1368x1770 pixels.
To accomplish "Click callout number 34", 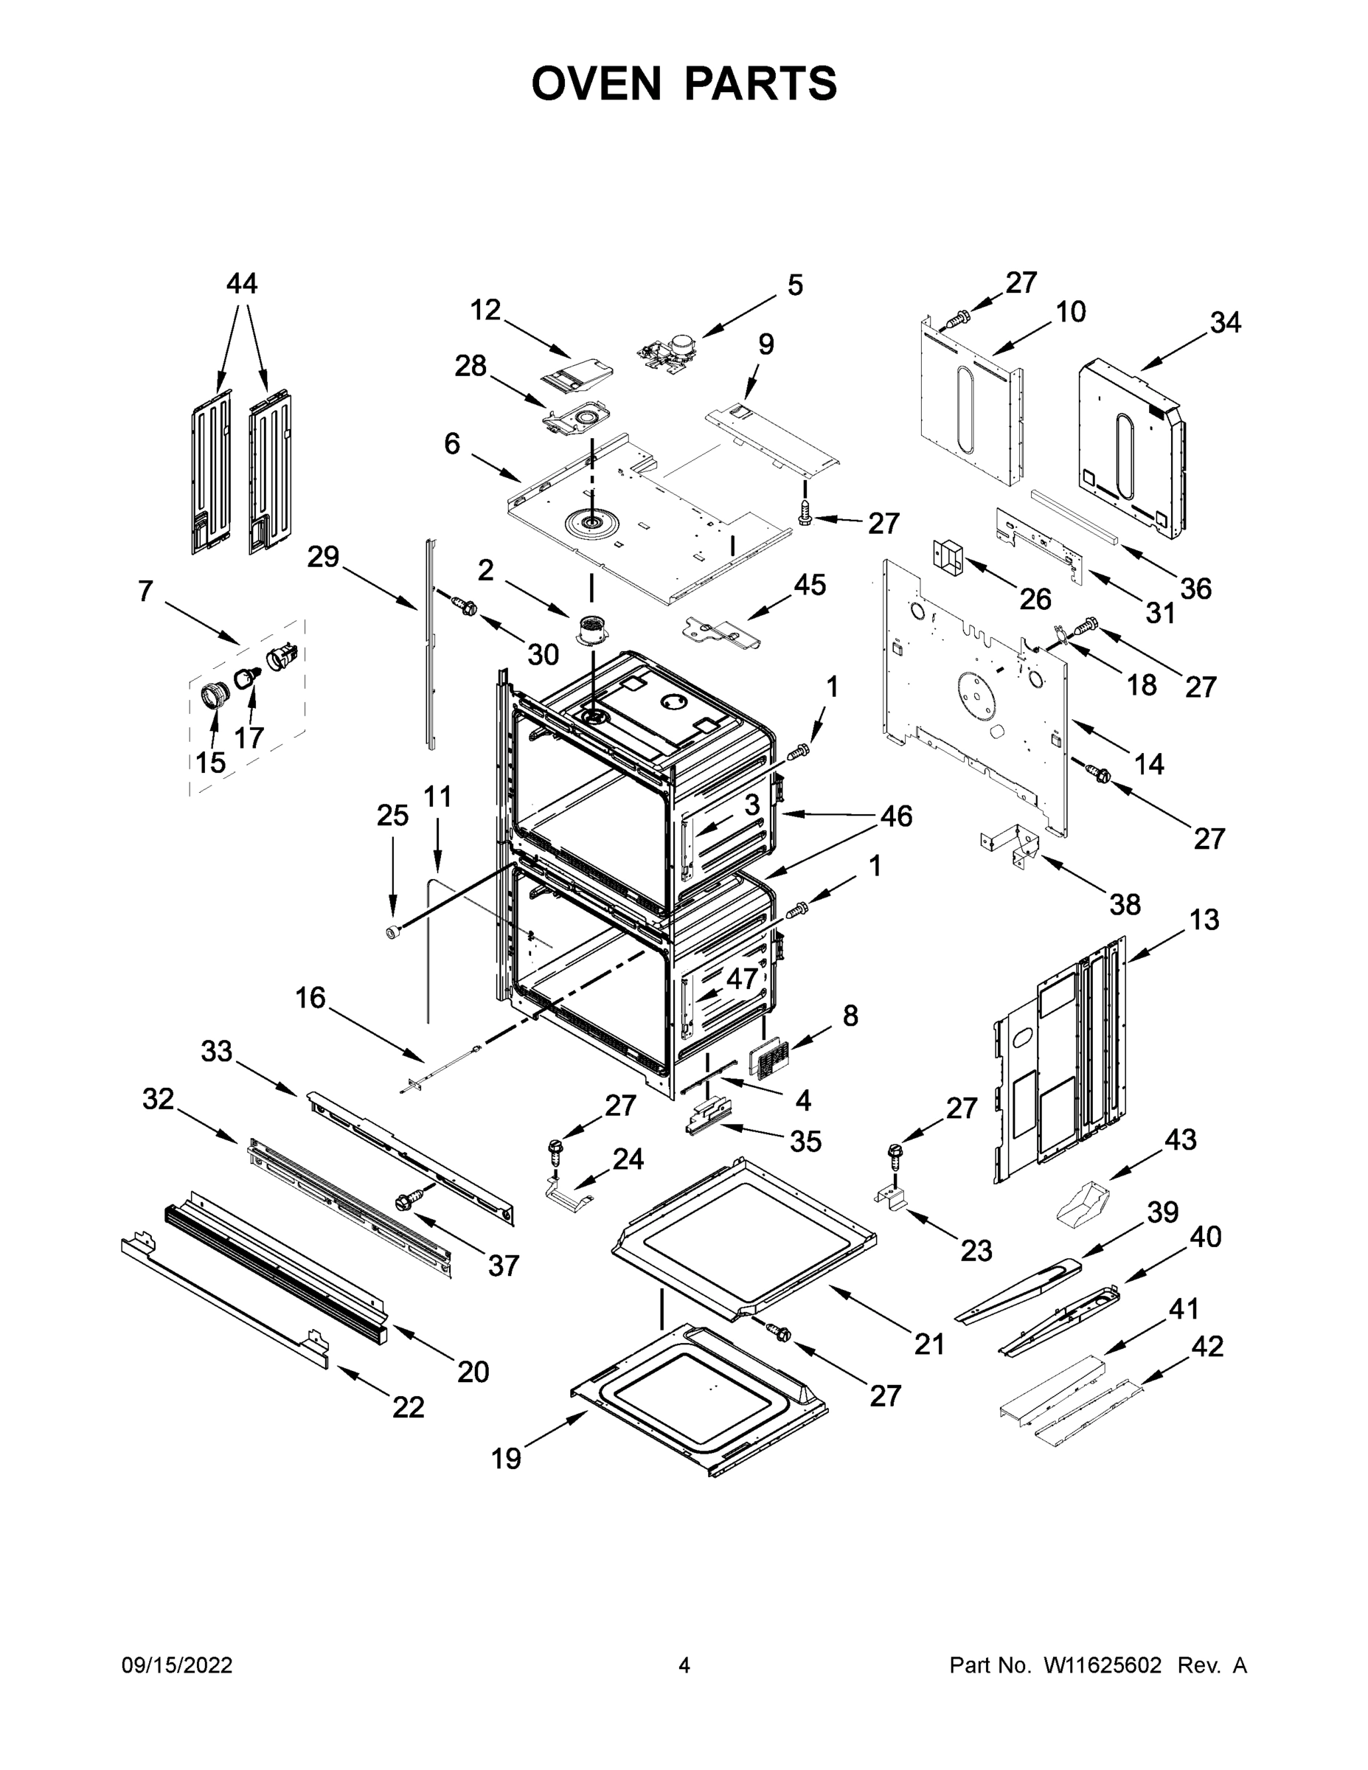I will (1224, 322).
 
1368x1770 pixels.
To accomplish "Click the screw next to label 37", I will (408, 1200).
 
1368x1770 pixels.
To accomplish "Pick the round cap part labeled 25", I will (392, 933).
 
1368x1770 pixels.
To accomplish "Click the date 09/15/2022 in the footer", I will (177, 1665).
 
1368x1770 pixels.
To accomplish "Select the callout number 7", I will (145, 591).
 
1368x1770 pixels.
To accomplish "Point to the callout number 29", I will (322, 558).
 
